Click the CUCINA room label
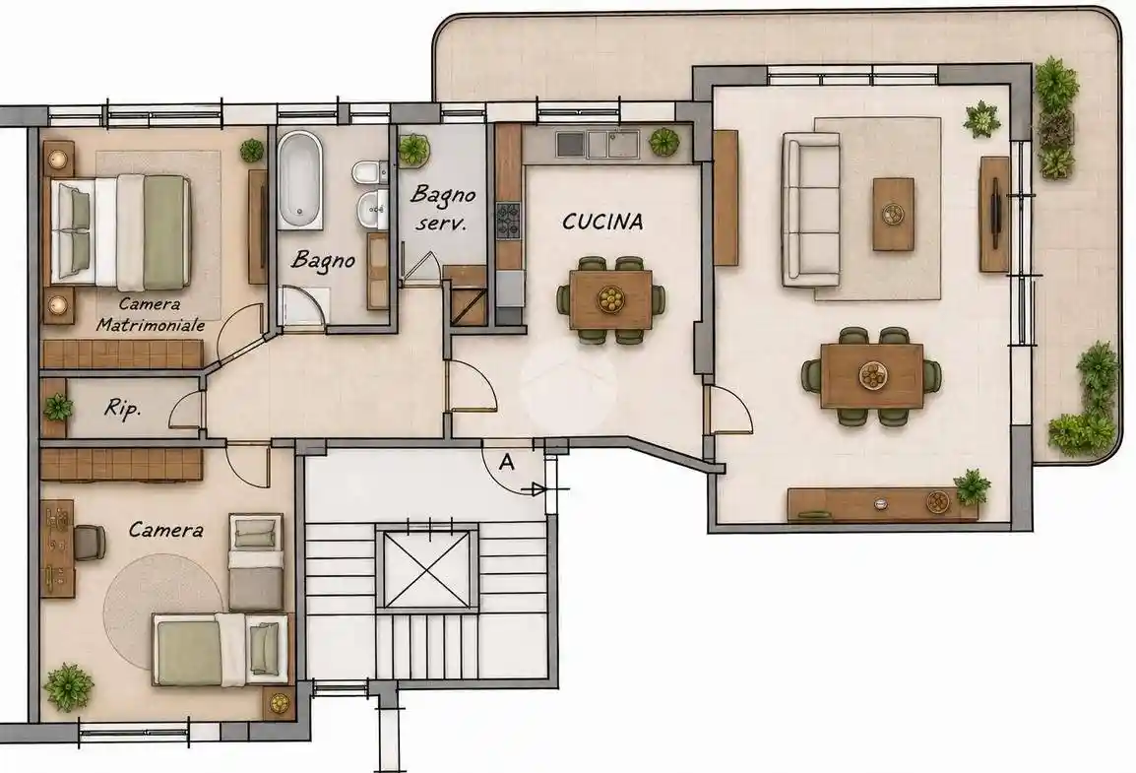point(602,221)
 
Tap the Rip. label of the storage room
point(122,409)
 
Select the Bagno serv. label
point(442,208)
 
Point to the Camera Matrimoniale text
point(150,315)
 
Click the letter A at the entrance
point(507,462)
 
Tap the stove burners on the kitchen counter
point(508,222)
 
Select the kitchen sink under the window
point(597,144)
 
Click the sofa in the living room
point(811,210)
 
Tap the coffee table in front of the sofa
point(893,215)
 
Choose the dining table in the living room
point(871,375)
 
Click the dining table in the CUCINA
point(610,299)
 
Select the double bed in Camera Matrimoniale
point(120,230)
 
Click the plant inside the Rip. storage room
point(57,409)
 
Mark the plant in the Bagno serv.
point(413,149)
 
